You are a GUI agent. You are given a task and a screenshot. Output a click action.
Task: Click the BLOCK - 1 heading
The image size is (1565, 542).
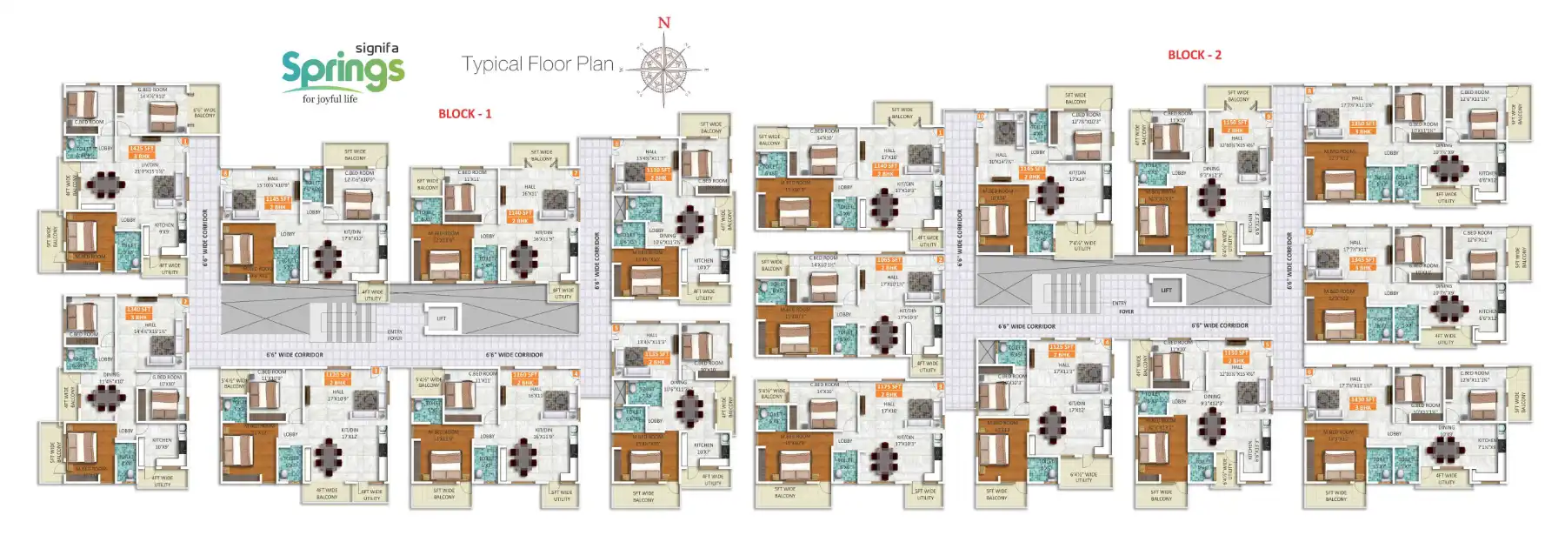464,114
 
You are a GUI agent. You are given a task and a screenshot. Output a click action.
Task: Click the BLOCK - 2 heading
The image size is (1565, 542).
1194,55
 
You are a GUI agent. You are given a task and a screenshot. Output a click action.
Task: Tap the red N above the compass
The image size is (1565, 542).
664,23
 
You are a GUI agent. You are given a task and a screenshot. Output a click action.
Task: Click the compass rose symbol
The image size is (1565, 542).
663,69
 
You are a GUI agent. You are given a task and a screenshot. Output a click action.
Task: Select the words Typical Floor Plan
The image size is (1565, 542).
537,64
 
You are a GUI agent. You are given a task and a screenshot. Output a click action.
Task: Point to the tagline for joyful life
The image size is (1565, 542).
330,99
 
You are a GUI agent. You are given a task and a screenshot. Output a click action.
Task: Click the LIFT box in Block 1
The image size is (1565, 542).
441,318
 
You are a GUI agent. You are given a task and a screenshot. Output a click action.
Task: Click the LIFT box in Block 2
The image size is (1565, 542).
1166,291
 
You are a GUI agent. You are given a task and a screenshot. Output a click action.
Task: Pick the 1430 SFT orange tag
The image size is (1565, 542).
1362,403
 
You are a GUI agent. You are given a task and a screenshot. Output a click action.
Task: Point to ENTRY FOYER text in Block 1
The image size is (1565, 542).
394,334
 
